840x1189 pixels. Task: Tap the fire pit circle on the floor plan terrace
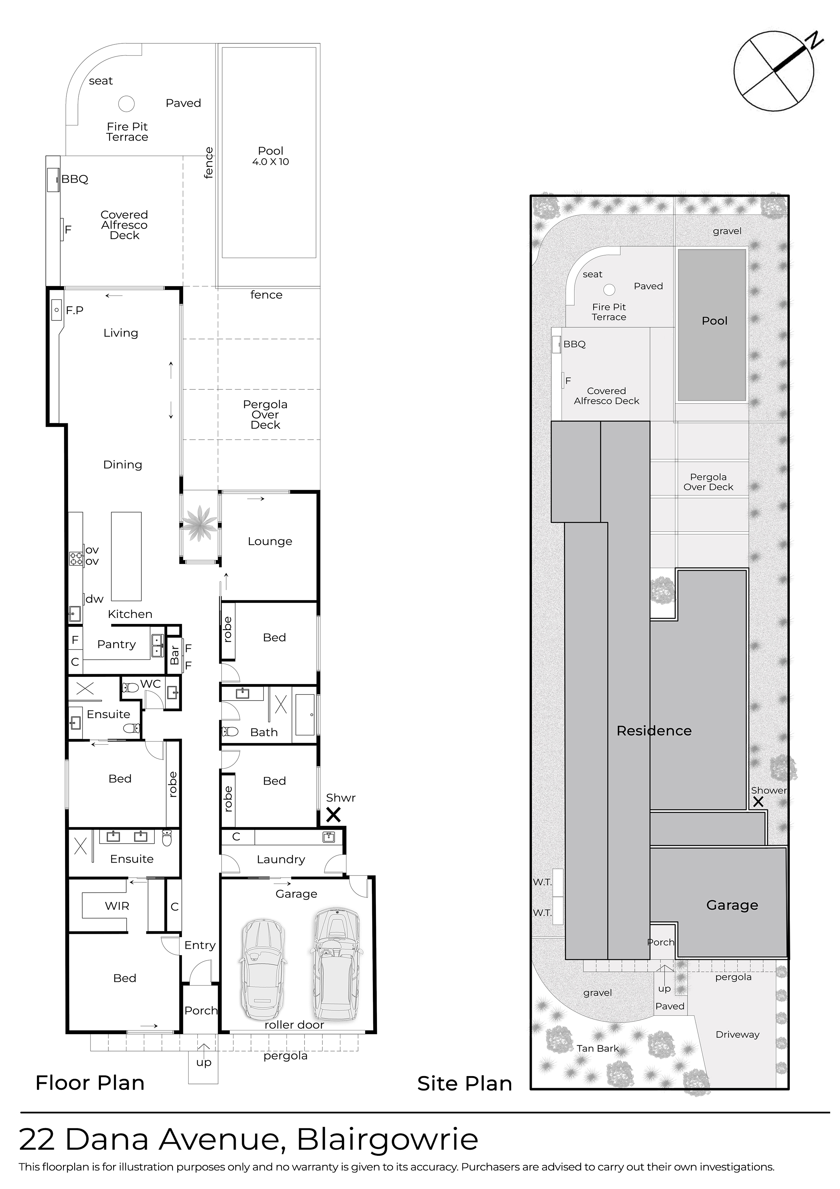(126, 104)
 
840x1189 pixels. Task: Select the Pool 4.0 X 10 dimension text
(271, 162)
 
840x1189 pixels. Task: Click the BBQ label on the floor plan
(75, 179)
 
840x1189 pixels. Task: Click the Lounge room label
(270, 541)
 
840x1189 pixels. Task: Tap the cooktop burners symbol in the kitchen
(76, 558)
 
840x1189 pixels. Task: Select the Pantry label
(117, 644)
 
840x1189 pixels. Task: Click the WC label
(151, 684)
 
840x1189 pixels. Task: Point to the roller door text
(294, 1025)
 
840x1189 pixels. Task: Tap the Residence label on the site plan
(654, 731)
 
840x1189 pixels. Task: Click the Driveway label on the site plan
(737, 1035)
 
